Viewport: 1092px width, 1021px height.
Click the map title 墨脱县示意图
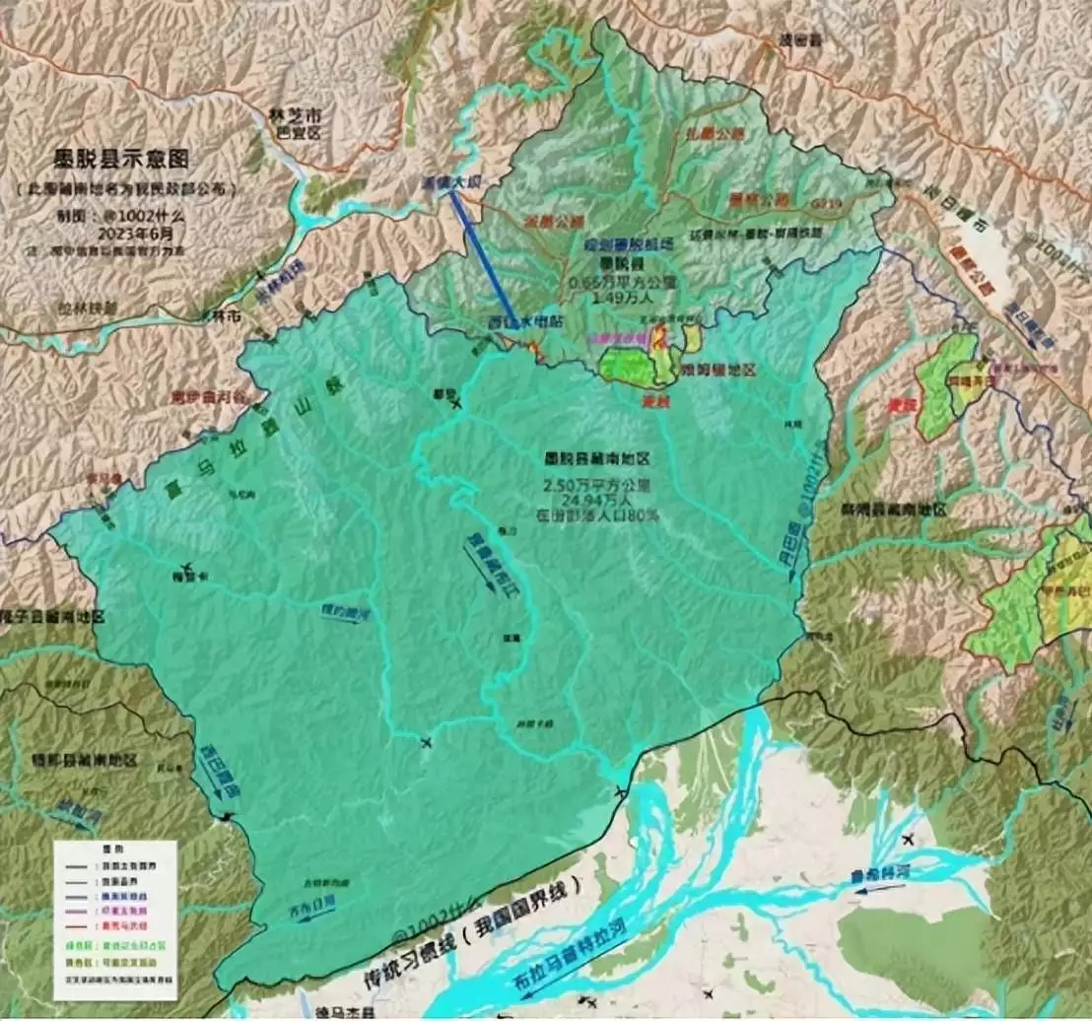pyautogui.click(x=120, y=160)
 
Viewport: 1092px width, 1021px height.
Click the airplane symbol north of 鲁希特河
pyautogui.click(x=907, y=839)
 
